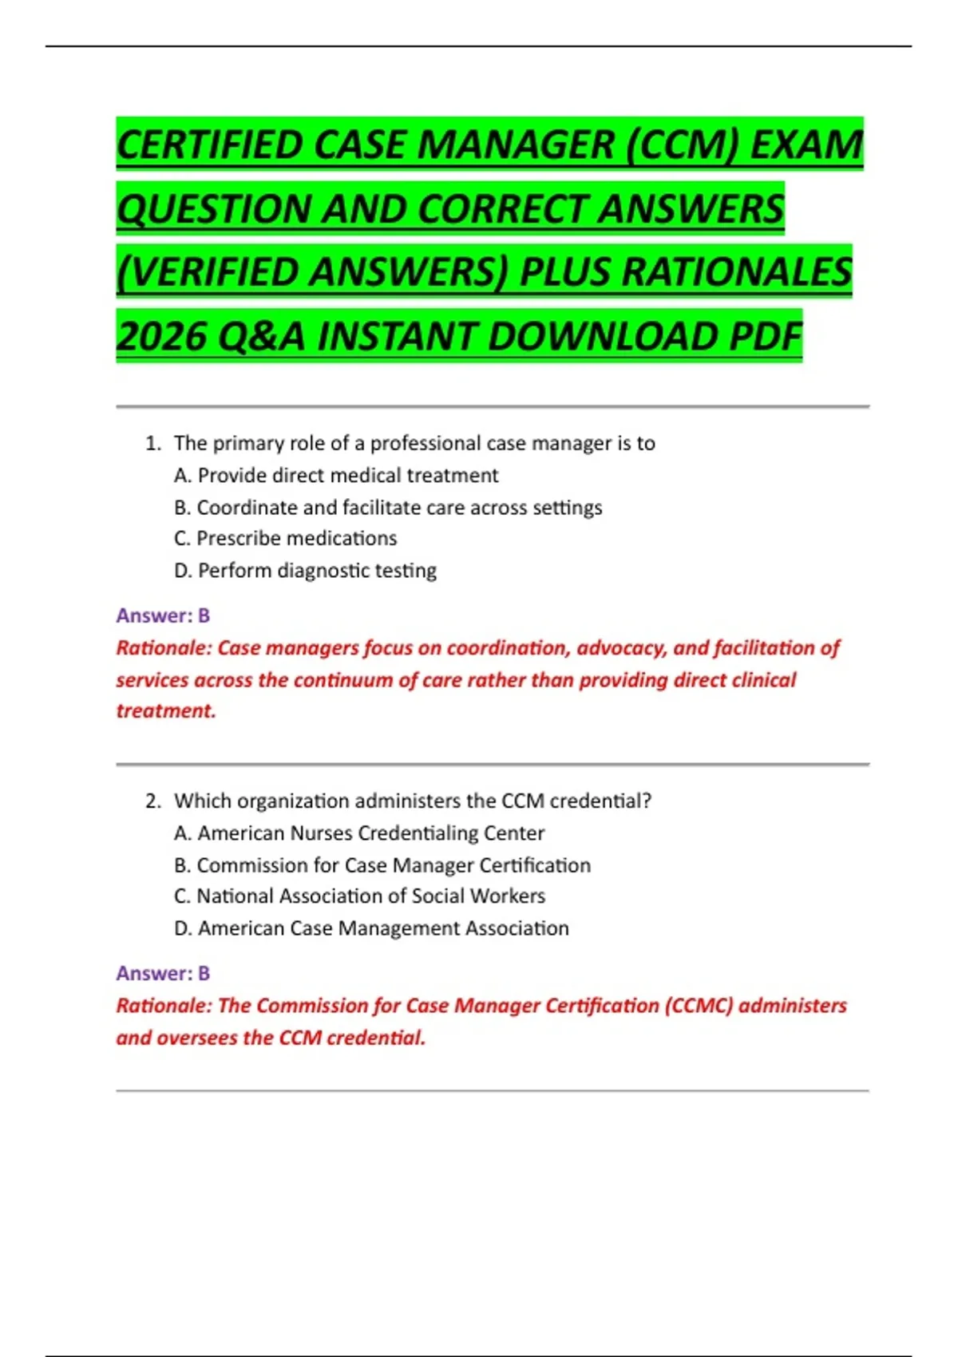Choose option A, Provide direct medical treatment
pyautogui.click(x=336, y=476)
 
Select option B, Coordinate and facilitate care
pyautogui.click(x=388, y=508)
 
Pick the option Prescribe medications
pyautogui.click(x=286, y=539)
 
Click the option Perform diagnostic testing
pyautogui.click(x=306, y=571)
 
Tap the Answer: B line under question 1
pyautogui.click(x=163, y=615)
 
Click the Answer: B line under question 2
pyautogui.click(x=163, y=973)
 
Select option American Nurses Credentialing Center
pyautogui.click(x=359, y=833)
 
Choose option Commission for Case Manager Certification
pyautogui.click(x=382, y=865)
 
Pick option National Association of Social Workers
pyautogui.click(x=359, y=896)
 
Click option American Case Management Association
pyautogui.click(x=372, y=928)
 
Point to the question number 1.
pyautogui.click(x=152, y=444)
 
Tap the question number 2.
pyautogui.click(x=152, y=801)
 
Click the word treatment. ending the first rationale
pyautogui.click(x=166, y=710)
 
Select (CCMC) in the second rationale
pyautogui.click(x=699, y=1006)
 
